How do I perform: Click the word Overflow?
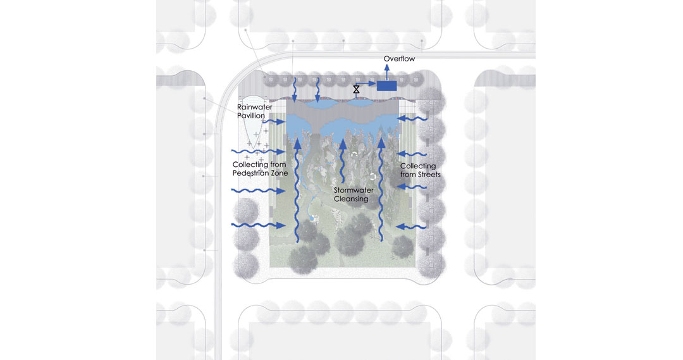click(x=399, y=59)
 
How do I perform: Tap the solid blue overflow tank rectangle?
click(x=387, y=86)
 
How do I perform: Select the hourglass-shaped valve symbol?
click(x=356, y=89)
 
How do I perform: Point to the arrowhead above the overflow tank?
click(x=387, y=68)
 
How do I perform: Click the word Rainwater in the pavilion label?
click(x=255, y=107)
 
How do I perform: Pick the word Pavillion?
click(x=251, y=116)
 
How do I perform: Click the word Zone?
click(x=280, y=173)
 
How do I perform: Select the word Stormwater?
click(x=354, y=190)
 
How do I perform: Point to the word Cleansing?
click(x=351, y=199)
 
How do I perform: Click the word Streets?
click(x=429, y=175)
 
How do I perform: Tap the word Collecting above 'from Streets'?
click(x=418, y=166)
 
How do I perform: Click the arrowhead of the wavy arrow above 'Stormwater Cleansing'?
click(x=343, y=144)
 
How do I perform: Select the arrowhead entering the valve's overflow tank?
click(x=372, y=84)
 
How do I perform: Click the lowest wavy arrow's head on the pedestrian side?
click(x=280, y=225)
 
